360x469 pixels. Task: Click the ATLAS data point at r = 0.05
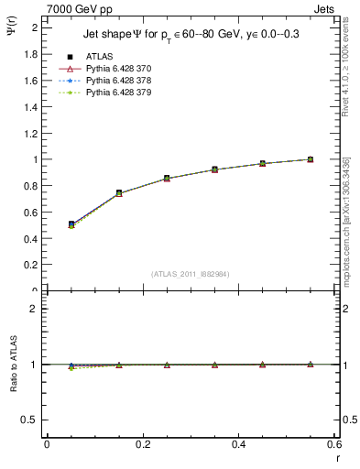71,224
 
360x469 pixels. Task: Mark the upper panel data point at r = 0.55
311,159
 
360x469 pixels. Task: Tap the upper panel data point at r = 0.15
119,193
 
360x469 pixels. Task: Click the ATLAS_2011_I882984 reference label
191,273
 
